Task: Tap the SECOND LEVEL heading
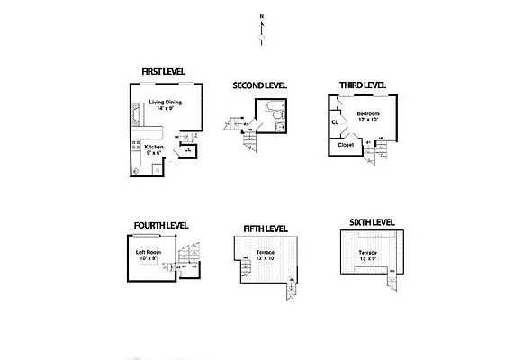pyautogui.click(x=259, y=85)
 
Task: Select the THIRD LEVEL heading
pyautogui.click(x=362, y=85)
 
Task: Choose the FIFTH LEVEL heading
pyautogui.click(x=266, y=229)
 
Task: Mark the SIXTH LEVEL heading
pyautogui.click(x=372, y=221)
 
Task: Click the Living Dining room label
pyautogui.click(x=166, y=103)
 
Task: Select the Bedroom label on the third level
pyautogui.click(x=368, y=113)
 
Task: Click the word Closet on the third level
pyautogui.click(x=346, y=144)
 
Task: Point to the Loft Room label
pyautogui.click(x=147, y=252)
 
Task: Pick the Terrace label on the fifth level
pyautogui.click(x=266, y=253)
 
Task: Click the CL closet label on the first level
pyautogui.click(x=187, y=149)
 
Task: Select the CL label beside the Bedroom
pyautogui.click(x=335, y=121)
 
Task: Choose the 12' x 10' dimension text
pyautogui.click(x=368, y=121)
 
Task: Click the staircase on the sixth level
pyautogui.click(x=392, y=274)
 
